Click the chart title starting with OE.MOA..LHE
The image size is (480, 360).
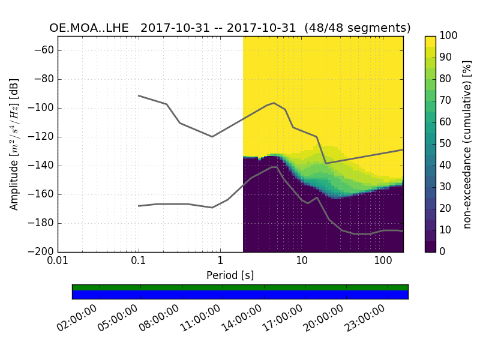(230, 28)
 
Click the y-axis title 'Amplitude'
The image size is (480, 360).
(14, 144)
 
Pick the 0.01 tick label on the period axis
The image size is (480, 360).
(58, 262)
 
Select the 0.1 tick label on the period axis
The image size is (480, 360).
(139, 262)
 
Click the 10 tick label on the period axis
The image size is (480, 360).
(301, 262)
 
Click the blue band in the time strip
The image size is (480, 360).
(240, 295)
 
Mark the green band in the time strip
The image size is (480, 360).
(240, 287)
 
